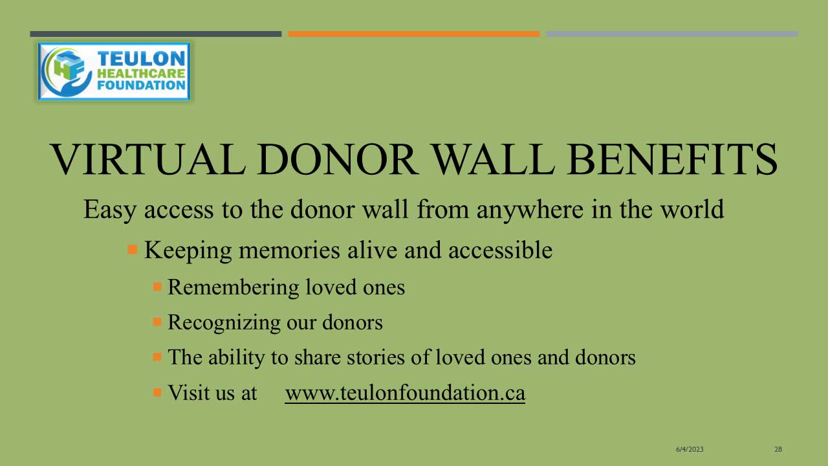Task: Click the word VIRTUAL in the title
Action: point(148,159)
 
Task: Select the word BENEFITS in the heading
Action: point(672,159)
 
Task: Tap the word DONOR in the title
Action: point(338,159)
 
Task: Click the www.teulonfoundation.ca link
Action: point(405,393)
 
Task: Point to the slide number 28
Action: point(778,449)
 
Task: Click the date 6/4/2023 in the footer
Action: point(690,449)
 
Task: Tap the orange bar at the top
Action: point(414,34)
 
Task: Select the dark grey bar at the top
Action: point(156,34)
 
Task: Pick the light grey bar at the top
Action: point(672,34)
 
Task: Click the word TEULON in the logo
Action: point(141,58)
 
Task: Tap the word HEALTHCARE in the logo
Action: point(141,73)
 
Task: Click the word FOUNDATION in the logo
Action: point(141,85)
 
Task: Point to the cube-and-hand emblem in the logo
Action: point(67,72)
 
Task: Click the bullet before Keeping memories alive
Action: point(133,249)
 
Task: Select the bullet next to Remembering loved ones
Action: point(157,287)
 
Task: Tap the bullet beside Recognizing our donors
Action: point(157,322)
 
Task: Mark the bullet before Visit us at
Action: point(157,392)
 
